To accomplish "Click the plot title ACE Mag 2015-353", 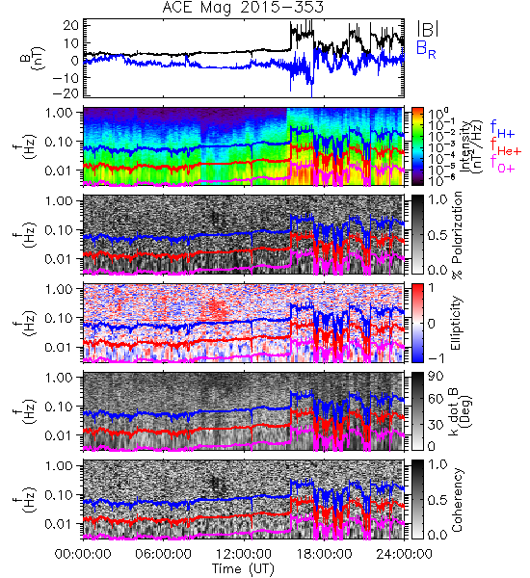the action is click(243, 7).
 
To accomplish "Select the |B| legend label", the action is click(428, 29).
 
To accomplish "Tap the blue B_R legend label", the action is click(426, 49).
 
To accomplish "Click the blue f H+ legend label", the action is click(502, 129).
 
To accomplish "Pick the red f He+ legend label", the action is click(506, 146).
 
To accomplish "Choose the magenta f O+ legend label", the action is click(502, 165).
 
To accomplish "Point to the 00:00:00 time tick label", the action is click(83, 554).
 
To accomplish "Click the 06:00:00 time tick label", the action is click(164, 554).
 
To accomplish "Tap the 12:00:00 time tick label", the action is click(244, 554).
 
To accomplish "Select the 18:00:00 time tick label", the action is click(324, 554).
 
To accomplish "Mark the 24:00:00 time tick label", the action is click(404, 554).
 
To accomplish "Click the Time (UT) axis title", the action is click(244, 569).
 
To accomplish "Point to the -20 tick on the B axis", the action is click(66, 93).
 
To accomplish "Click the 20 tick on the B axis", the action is click(70, 25).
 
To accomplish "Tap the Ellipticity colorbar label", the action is click(456, 323).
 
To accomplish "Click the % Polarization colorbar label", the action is click(457, 235).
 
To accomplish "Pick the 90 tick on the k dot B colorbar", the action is click(436, 377).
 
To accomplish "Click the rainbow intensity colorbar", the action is click(417, 146).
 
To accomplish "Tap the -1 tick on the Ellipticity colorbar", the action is click(436, 358).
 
